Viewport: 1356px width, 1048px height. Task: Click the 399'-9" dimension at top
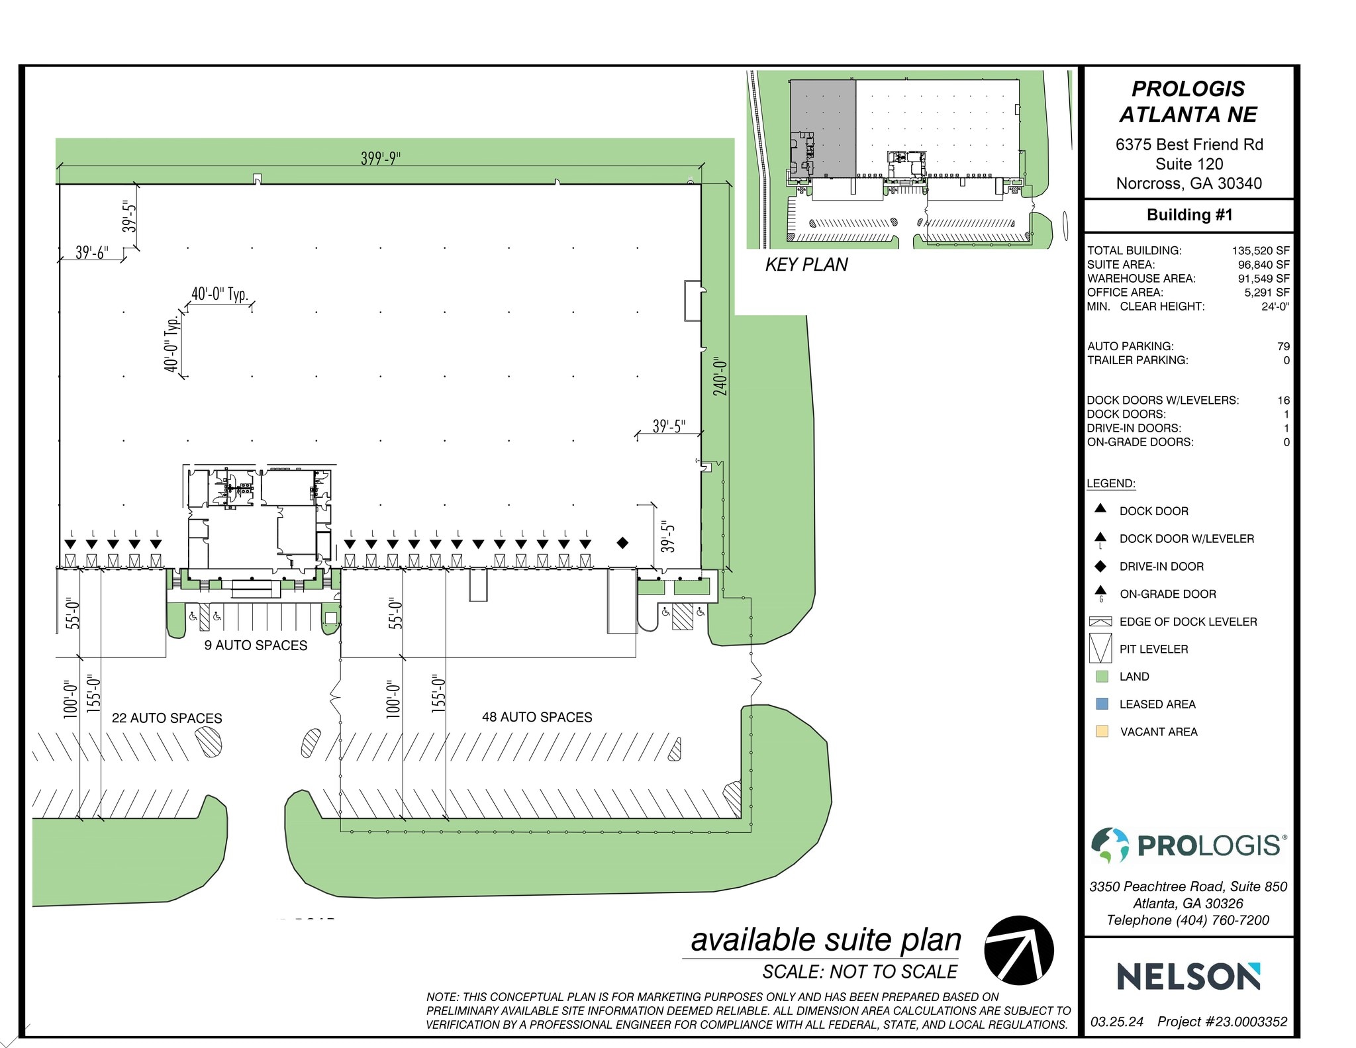(381, 158)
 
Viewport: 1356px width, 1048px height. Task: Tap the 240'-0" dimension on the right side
(720, 377)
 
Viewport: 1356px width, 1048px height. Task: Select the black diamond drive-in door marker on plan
(622, 543)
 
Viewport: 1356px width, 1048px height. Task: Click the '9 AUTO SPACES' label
(256, 645)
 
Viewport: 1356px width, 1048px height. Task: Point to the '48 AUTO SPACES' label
(537, 717)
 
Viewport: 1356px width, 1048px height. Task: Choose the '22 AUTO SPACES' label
(167, 718)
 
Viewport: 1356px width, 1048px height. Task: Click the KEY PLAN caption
(806, 265)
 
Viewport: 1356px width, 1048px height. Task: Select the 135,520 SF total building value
(1260, 251)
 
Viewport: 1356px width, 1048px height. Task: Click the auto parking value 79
(1283, 346)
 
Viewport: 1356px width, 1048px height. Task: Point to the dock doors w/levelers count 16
(1283, 401)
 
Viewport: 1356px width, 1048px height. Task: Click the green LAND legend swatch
(1102, 677)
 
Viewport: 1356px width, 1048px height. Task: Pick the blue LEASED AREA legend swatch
(1102, 704)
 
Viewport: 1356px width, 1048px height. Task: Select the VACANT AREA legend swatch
(1102, 732)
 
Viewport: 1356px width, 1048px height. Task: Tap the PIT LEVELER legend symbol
(1100, 648)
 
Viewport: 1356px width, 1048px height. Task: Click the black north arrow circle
(1018, 951)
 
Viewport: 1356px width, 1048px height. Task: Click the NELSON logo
(1188, 977)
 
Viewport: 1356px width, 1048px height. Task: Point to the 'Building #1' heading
(1189, 215)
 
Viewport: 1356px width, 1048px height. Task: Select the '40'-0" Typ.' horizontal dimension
(219, 294)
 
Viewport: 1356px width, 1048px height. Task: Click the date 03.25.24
(1116, 1022)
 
